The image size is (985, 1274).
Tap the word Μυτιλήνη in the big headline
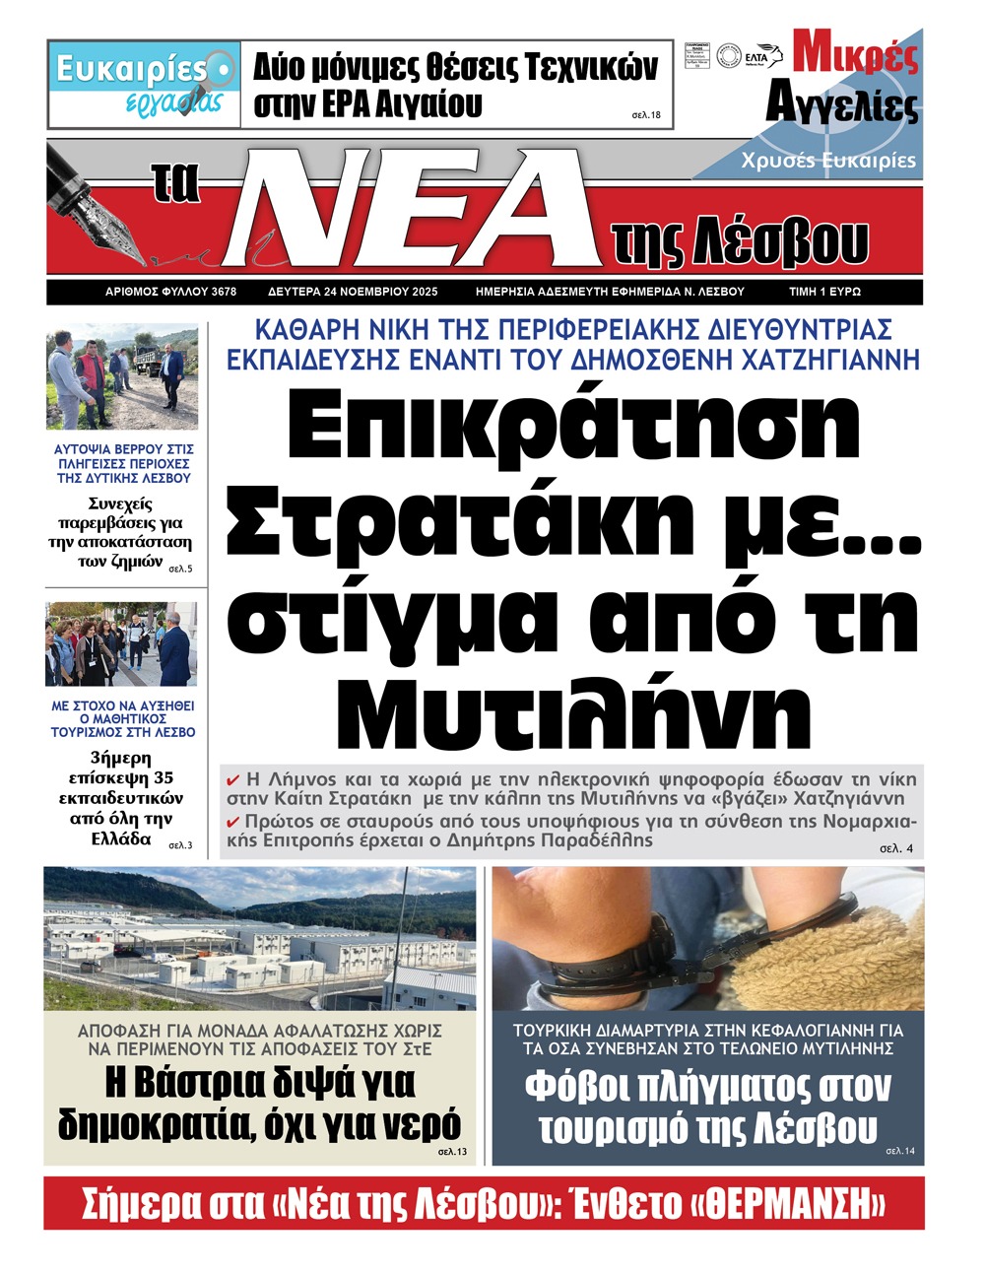click(x=580, y=704)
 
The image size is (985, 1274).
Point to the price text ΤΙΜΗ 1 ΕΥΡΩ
click(x=824, y=292)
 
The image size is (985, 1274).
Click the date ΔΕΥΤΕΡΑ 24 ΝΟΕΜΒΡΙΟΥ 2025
click(x=352, y=292)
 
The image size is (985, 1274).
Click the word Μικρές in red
click(x=856, y=54)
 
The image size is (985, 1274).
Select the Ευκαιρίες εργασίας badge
click(x=144, y=84)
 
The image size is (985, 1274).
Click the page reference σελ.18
click(x=646, y=115)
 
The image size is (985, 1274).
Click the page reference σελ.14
click(x=900, y=1151)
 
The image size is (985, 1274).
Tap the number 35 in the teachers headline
click(x=164, y=778)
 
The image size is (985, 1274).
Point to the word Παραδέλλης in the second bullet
click(x=602, y=840)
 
